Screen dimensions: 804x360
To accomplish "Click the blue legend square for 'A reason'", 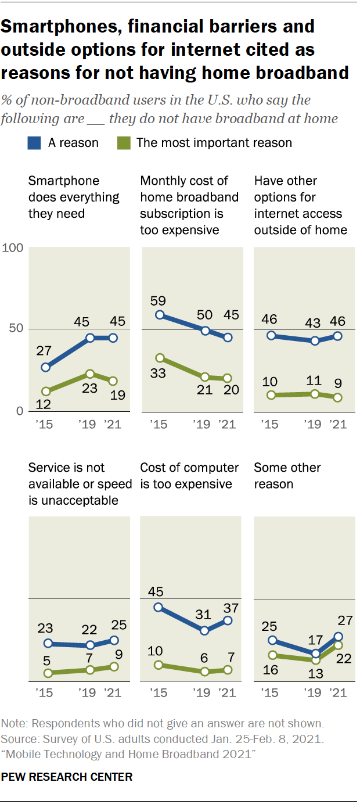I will tap(35, 142).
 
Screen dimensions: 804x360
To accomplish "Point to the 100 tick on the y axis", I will tap(12, 248).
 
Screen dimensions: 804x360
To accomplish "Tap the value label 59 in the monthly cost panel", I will tap(158, 301).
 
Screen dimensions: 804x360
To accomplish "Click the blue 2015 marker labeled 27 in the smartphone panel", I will tap(45, 367).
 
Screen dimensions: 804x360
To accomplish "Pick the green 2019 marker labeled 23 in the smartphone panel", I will tap(91, 374).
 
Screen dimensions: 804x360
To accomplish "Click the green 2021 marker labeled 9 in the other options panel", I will tap(338, 397).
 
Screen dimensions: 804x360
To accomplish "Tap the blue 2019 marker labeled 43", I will tap(315, 341).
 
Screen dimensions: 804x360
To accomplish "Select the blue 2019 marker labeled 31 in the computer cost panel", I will tap(204, 630).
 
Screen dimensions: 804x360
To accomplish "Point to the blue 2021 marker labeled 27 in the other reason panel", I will tap(338, 637).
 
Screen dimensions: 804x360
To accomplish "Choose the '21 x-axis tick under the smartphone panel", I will tap(113, 424).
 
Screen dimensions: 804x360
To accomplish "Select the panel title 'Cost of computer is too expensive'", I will tap(189, 476).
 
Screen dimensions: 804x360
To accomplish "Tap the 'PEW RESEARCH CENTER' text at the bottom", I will tap(67, 776).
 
